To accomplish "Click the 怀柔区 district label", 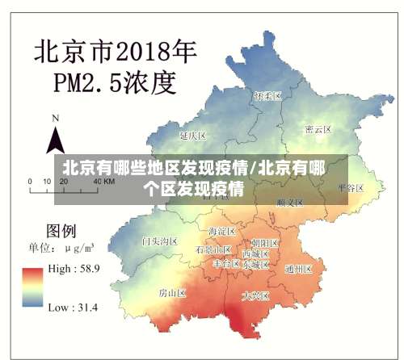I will [267, 96].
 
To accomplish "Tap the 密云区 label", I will [318, 129].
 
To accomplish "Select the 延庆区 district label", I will [194, 135].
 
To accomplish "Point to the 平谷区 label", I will [351, 186].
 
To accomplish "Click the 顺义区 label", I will [288, 201].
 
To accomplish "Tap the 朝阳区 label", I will [264, 242].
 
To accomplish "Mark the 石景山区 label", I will [213, 250].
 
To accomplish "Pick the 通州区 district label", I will [298, 269].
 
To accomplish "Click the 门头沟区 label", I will [158, 241].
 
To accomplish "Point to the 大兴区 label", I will [257, 296].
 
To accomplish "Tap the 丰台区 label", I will [226, 263].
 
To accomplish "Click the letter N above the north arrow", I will [56, 118].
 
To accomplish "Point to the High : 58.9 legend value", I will [73, 269].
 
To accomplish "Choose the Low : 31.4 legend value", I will [73, 307].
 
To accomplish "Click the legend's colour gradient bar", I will [33, 287].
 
